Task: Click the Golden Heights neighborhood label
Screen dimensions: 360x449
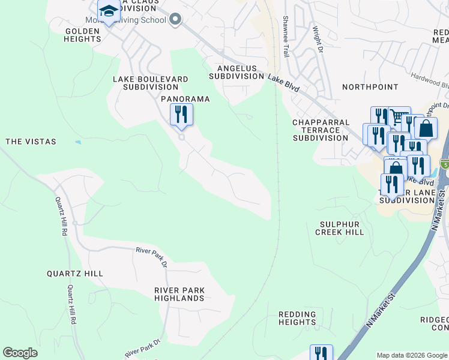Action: pos(83,34)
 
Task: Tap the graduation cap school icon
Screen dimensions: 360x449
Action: pos(109,11)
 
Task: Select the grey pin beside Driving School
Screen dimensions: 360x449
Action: pos(175,20)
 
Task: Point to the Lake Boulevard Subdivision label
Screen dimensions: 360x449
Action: pos(151,83)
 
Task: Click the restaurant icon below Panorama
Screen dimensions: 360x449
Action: pos(181,114)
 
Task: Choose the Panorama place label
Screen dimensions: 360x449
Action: pos(185,98)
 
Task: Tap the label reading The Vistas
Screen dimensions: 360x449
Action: pos(31,142)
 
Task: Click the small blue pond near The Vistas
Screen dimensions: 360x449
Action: pos(78,142)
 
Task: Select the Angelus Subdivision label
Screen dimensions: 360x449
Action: pos(236,72)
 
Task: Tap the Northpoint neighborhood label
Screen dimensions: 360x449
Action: pos(370,87)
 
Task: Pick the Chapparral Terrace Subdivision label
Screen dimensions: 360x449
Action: pos(321,130)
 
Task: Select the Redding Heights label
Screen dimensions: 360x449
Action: pos(297,318)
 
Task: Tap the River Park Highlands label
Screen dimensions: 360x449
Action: pos(179,294)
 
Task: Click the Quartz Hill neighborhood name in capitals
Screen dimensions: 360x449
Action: pos(75,274)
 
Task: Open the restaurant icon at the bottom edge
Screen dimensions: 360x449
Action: pos(321,353)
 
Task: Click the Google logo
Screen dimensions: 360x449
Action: pos(20,353)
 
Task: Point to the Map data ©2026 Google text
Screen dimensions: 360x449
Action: pos(412,355)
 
